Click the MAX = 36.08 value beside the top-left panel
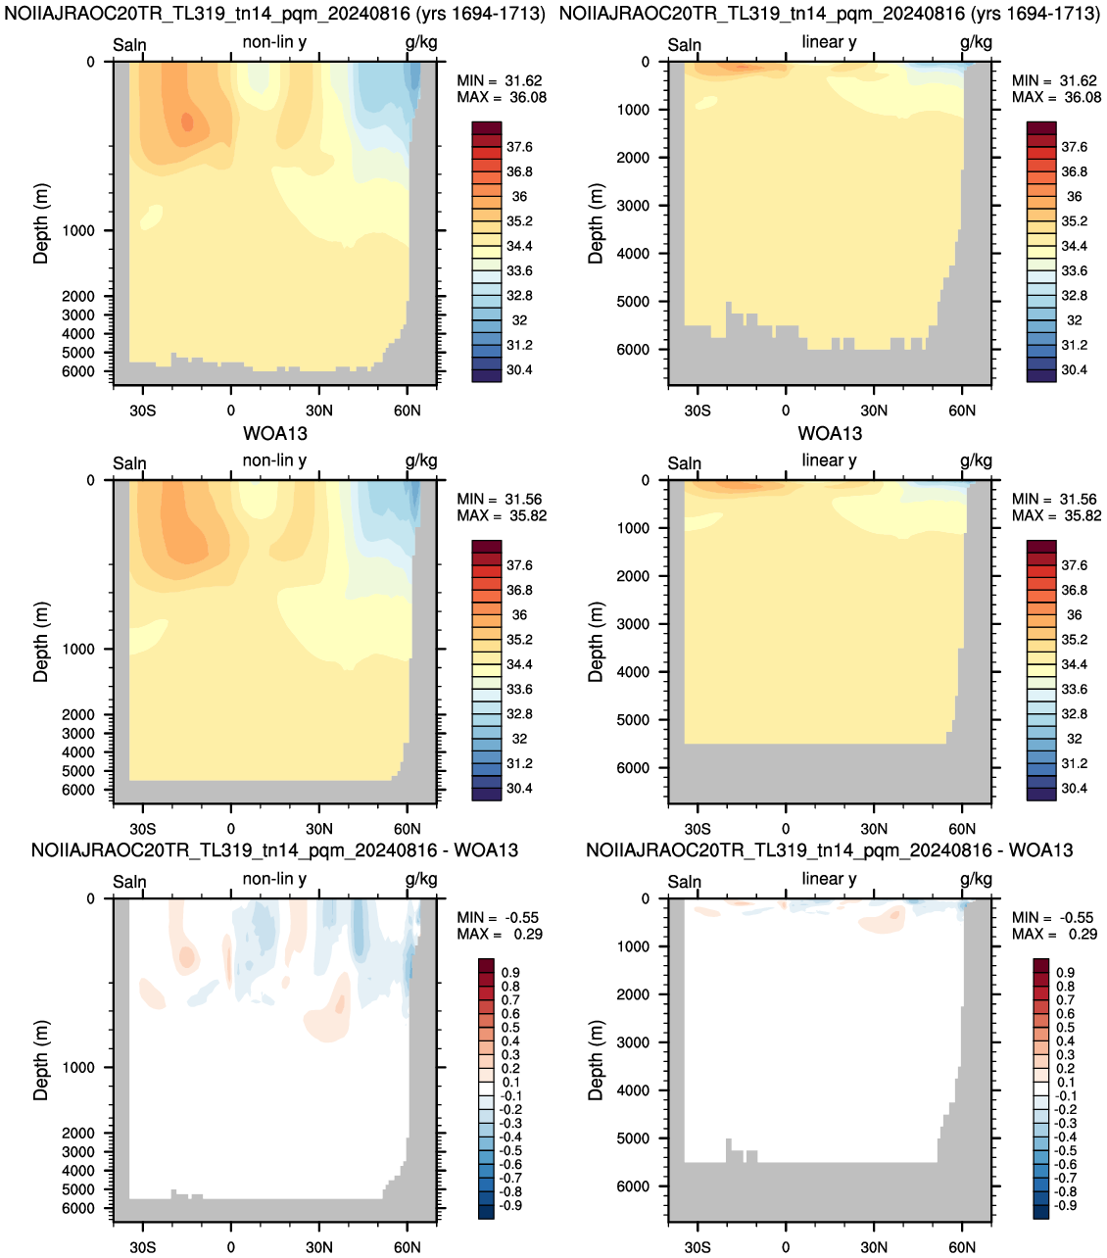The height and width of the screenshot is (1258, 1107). (501, 98)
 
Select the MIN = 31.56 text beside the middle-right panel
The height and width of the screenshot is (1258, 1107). (1056, 500)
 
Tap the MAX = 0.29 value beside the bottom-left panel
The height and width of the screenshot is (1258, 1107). (500, 934)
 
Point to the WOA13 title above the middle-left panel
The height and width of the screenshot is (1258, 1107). (275, 433)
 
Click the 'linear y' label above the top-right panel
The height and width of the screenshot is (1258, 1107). (829, 42)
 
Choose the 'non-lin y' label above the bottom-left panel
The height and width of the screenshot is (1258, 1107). (274, 879)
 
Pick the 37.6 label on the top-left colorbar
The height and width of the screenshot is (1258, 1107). (519, 147)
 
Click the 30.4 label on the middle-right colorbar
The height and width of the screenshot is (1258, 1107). (1074, 788)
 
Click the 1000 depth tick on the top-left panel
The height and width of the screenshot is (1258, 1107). (78, 231)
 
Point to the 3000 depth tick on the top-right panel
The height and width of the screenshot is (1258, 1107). (633, 206)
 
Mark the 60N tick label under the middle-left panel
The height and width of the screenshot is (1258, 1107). (407, 828)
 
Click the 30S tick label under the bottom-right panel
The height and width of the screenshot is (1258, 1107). (698, 1247)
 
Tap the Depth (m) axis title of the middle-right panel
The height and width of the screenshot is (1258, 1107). (596, 642)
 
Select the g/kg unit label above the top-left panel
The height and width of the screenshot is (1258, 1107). (421, 43)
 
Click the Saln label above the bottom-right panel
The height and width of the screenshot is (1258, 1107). (684, 881)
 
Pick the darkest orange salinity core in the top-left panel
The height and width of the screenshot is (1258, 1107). (187, 121)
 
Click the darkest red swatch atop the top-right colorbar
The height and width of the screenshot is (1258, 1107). (1041, 128)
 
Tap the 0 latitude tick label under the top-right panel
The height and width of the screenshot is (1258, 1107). (786, 411)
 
